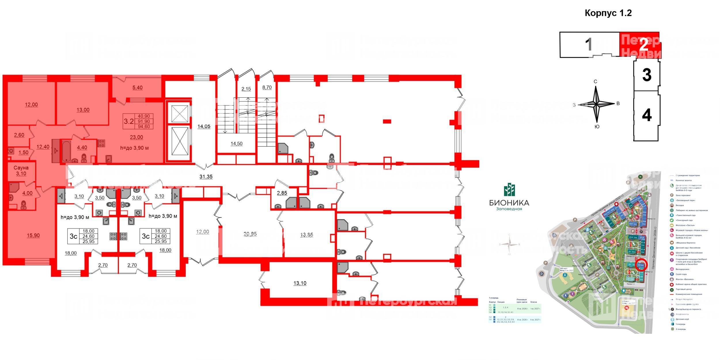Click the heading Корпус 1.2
pyautogui.click(x=608, y=13)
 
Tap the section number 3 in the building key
pyautogui.click(x=647, y=75)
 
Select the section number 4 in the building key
pyautogui.click(x=647, y=115)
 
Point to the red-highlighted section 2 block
pyautogui.click(x=640, y=45)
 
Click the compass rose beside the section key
pyautogui.click(x=596, y=104)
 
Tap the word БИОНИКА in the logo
pyautogui.click(x=509, y=202)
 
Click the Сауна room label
pyautogui.click(x=21, y=168)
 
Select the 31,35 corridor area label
pyautogui.click(x=206, y=177)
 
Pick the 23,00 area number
pyautogui.click(x=136, y=137)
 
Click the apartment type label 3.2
pyautogui.click(x=128, y=121)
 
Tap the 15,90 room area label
pyautogui.click(x=33, y=235)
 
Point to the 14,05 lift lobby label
pyautogui.click(x=204, y=126)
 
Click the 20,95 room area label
pyautogui.click(x=250, y=234)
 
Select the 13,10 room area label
pyautogui.click(x=300, y=283)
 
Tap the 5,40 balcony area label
pyautogui.click(x=137, y=88)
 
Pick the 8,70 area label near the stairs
pyautogui.click(x=267, y=87)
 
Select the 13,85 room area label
pyautogui.click(x=306, y=235)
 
